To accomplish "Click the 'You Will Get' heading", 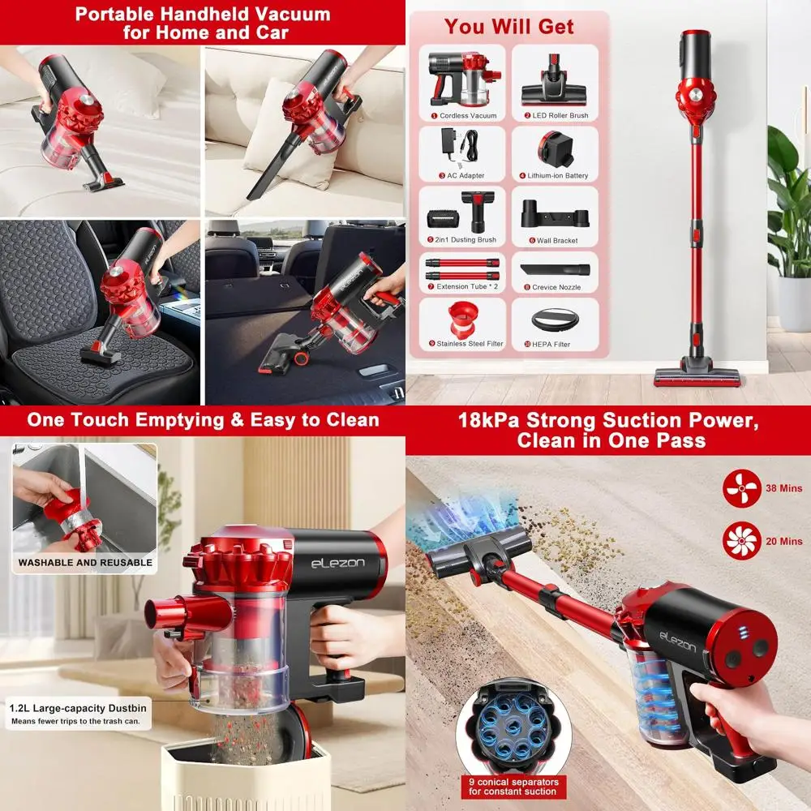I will pyautogui.click(x=508, y=26).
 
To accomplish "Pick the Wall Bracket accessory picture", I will pyautogui.click(x=555, y=214).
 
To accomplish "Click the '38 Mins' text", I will pyautogui.click(x=783, y=489).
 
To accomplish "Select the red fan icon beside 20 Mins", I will pyautogui.click(x=741, y=541).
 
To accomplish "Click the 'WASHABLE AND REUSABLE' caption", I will pyautogui.click(x=85, y=562).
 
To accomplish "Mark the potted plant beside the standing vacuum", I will pyautogui.click(x=788, y=211).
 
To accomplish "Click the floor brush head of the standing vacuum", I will pyautogui.click(x=697, y=375).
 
